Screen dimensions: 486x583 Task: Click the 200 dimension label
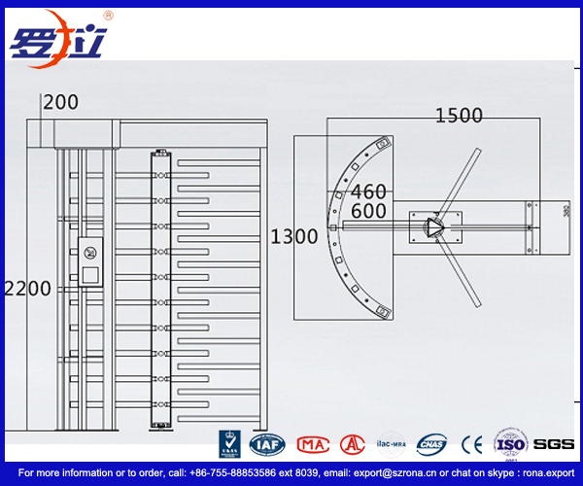point(60,101)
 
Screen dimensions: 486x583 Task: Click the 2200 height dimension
point(27,289)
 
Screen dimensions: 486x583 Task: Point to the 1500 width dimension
point(459,116)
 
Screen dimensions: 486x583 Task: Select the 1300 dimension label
point(294,236)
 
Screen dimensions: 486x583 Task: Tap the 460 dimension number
point(368,191)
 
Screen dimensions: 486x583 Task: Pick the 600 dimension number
point(368,211)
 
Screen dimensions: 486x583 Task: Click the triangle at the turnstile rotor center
point(432,227)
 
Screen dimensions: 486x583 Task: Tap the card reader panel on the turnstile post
point(90,261)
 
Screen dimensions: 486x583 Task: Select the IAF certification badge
point(265,444)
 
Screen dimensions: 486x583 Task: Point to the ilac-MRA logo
point(391,442)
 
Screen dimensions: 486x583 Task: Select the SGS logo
point(554,444)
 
